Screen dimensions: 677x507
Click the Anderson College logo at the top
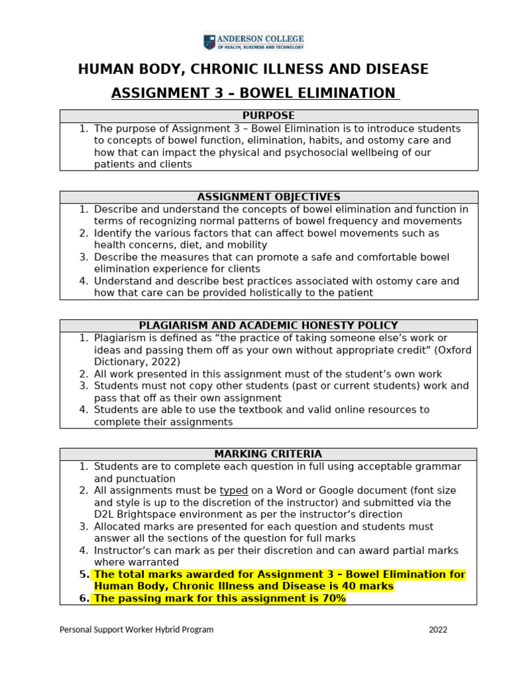pos(253,42)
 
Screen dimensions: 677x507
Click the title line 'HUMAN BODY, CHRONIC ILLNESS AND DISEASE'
pos(253,69)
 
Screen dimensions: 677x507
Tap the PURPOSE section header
pos(268,116)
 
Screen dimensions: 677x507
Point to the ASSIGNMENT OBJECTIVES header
pos(268,197)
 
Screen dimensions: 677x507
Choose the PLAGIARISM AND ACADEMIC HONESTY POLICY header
pos(268,325)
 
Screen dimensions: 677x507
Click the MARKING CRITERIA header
pos(268,454)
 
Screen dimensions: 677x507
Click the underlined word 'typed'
pos(234,491)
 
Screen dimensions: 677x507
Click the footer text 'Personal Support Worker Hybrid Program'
pos(137,630)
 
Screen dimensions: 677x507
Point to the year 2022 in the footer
pos(438,630)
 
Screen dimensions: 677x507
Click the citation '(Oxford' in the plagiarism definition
pos(454,350)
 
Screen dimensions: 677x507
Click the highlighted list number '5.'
pos(84,575)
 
